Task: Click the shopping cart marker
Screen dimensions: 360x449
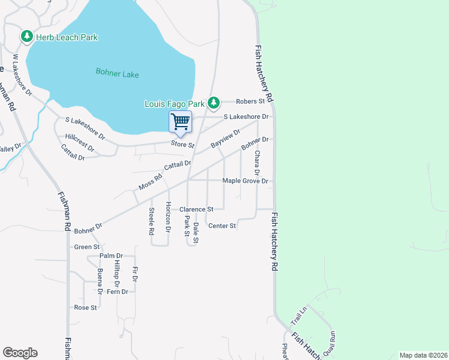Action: click(181, 122)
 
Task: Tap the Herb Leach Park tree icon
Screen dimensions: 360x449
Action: click(26, 37)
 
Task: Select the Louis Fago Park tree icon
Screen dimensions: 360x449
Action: click(213, 103)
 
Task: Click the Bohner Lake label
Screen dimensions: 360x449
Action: click(117, 74)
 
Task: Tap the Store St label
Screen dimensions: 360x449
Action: click(182, 145)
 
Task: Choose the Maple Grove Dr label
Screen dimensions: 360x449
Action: click(244, 181)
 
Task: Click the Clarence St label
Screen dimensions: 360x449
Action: click(196, 209)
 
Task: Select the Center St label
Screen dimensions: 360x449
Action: click(221, 226)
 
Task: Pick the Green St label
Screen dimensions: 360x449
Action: click(86, 247)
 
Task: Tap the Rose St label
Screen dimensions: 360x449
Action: click(85, 307)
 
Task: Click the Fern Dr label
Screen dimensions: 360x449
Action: click(117, 292)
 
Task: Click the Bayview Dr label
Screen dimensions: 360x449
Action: click(225, 139)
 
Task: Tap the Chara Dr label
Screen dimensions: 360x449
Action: click(256, 163)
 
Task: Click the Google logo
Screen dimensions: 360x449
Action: click(20, 353)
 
